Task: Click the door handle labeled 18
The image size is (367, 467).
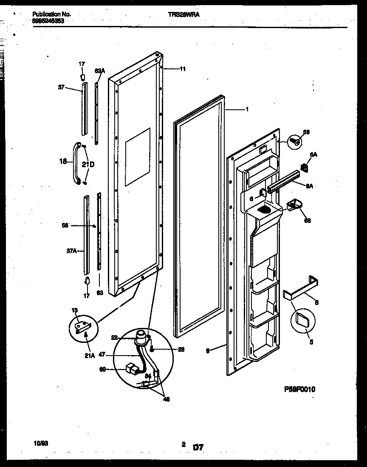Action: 77,164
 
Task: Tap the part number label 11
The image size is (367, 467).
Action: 183,69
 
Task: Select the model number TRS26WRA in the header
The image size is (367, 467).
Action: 184,14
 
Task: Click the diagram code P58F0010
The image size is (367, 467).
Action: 300,389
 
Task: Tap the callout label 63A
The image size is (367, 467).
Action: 99,71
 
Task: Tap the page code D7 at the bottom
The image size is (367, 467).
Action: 198,447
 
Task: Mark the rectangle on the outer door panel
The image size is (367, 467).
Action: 138,157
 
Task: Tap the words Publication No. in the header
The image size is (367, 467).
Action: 51,14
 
